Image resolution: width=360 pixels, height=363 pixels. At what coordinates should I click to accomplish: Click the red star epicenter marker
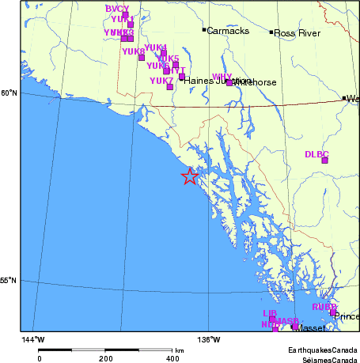tap(190, 176)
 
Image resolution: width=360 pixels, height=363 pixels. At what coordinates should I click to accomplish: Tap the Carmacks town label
tap(228, 31)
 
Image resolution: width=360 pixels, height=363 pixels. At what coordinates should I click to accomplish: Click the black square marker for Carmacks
tap(204, 30)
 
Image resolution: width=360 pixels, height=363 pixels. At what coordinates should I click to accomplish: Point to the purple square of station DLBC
tap(324, 161)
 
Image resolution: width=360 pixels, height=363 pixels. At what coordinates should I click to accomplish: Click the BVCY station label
tap(116, 8)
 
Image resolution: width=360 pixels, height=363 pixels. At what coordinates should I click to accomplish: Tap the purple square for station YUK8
tap(142, 57)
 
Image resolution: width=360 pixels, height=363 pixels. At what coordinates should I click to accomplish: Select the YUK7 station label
tap(161, 81)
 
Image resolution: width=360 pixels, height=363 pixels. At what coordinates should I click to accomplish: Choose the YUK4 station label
tap(156, 47)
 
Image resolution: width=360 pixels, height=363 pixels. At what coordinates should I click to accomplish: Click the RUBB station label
tap(324, 306)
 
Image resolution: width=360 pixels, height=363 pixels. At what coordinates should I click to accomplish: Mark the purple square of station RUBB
tap(333, 313)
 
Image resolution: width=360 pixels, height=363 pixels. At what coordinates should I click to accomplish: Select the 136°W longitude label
tap(210, 339)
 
